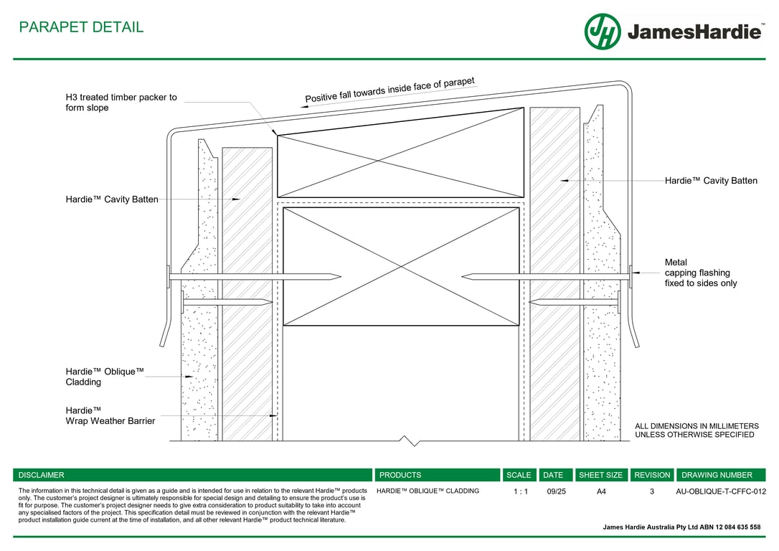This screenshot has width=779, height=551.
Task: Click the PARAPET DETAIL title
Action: coord(81,27)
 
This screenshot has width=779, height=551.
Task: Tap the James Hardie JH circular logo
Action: coord(602,32)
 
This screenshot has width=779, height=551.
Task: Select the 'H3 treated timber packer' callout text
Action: coord(121,103)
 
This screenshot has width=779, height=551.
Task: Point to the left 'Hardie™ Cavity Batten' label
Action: coord(112,199)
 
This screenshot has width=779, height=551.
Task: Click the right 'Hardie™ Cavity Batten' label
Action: coord(710,181)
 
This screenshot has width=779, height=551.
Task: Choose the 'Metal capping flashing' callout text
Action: coord(700,273)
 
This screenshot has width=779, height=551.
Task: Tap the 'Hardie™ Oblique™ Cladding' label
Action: coord(105,377)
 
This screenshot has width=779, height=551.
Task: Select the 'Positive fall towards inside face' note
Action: coord(390,90)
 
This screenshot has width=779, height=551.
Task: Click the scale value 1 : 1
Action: coord(520,491)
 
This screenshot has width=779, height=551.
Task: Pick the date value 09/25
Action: coord(556,491)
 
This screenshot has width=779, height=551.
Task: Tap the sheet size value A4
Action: coord(601,491)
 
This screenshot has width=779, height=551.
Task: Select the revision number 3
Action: coord(652,491)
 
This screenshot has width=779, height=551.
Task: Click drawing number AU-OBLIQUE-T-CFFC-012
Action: coord(721,491)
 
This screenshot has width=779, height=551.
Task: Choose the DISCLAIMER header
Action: coord(41,475)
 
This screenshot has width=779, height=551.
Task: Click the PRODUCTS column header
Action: coord(400,475)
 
